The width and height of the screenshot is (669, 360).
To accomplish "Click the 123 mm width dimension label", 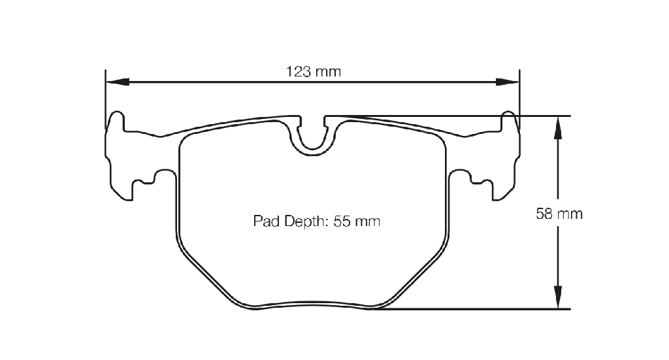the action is point(314,72).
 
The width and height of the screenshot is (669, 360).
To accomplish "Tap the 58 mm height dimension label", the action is point(559,213).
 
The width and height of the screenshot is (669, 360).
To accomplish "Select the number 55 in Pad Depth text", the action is point(342,221).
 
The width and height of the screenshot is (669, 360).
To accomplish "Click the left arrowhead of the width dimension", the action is point(118,82).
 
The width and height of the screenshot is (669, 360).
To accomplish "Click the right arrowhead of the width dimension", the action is point(508,82).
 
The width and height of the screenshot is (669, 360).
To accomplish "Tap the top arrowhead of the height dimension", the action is point(558,127).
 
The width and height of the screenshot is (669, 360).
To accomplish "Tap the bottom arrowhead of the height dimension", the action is point(558,297).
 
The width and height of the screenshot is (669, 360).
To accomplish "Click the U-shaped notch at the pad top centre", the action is point(313,149).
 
